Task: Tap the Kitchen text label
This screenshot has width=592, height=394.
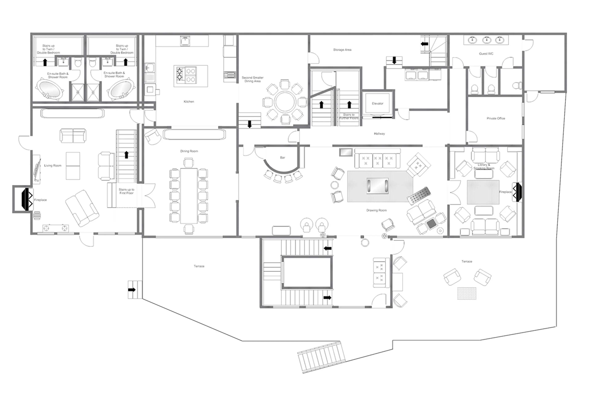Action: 189,101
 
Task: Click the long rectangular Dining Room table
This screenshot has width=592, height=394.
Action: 189,196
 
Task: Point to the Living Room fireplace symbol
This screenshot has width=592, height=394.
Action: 27,199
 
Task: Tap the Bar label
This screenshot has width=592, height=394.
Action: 282,158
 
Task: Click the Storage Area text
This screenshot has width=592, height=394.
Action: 342,50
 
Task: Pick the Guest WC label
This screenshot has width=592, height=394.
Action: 486,54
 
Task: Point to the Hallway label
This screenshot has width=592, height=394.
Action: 379,134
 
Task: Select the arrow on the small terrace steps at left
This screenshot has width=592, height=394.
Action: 132,290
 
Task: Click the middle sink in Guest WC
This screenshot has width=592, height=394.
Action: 486,40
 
